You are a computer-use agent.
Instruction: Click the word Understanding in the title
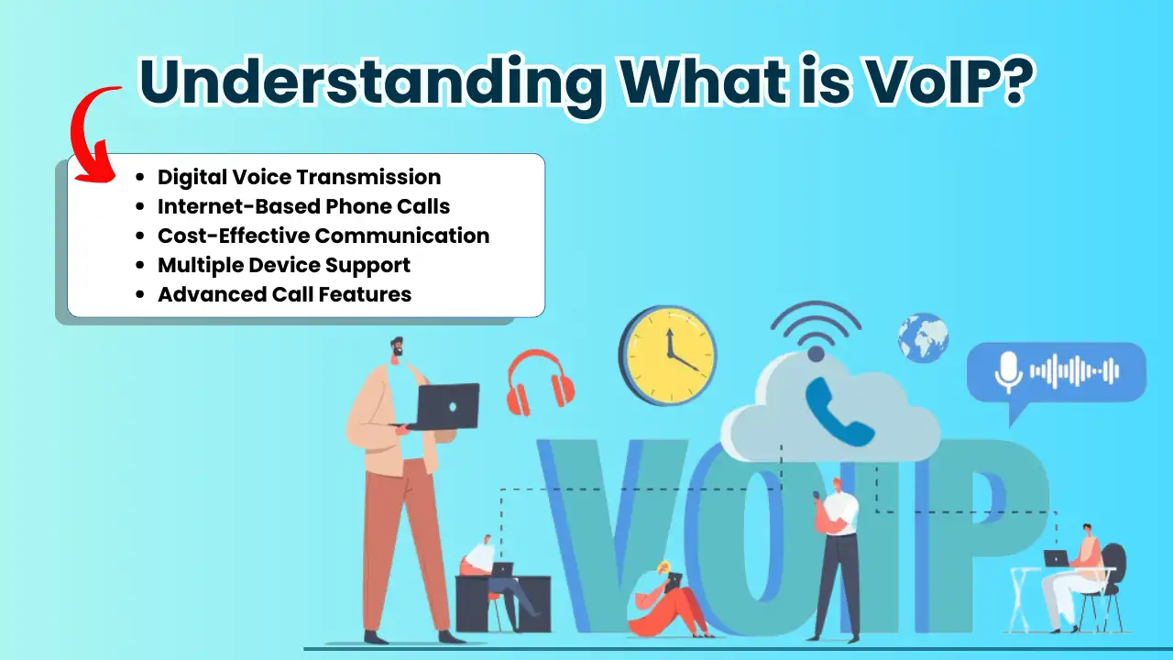[x=371, y=82]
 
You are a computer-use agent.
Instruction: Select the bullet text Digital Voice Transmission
[x=299, y=177]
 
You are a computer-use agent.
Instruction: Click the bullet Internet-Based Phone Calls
[x=303, y=206]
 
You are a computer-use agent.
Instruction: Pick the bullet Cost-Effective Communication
[x=323, y=236]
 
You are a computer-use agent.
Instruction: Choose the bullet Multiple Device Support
[x=284, y=265]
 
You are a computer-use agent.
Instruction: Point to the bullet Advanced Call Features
[x=284, y=294]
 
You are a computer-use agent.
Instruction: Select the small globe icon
[x=923, y=338]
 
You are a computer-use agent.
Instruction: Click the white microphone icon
[x=1008, y=372]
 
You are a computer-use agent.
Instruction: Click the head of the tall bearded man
[x=398, y=347]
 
